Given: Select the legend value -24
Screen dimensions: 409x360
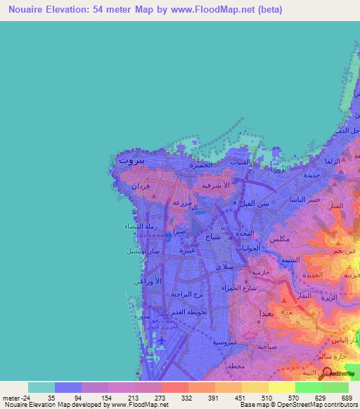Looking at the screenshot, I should tap(16, 397).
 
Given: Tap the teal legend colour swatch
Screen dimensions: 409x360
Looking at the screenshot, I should tap(41, 387).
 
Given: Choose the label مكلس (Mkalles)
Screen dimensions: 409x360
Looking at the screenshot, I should tap(280, 239).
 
